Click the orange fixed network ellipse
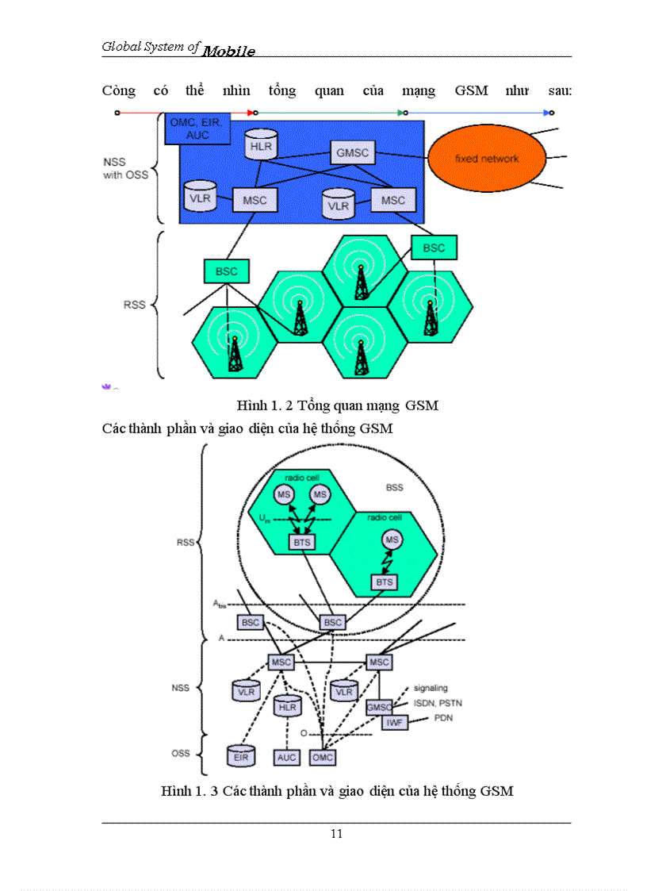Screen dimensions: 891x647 pyautogui.click(x=486, y=159)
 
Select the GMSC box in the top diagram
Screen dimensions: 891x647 pyautogui.click(x=352, y=152)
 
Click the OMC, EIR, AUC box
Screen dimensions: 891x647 pyautogui.click(x=193, y=129)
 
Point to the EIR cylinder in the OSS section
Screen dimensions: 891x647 pyautogui.click(x=240, y=756)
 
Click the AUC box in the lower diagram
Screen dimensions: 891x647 pyautogui.click(x=286, y=758)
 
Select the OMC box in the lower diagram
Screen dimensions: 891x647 pyautogui.click(x=322, y=758)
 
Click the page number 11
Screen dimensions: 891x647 pyautogui.click(x=336, y=833)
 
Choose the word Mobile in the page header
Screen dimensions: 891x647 pyautogui.click(x=228, y=52)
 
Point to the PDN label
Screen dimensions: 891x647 pyautogui.click(x=443, y=718)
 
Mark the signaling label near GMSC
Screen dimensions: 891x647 pyautogui.click(x=431, y=688)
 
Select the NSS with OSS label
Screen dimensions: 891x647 pyautogui.click(x=125, y=168)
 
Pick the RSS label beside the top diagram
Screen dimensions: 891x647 pyautogui.click(x=134, y=304)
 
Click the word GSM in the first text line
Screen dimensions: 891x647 pyautogui.click(x=471, y=90)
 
